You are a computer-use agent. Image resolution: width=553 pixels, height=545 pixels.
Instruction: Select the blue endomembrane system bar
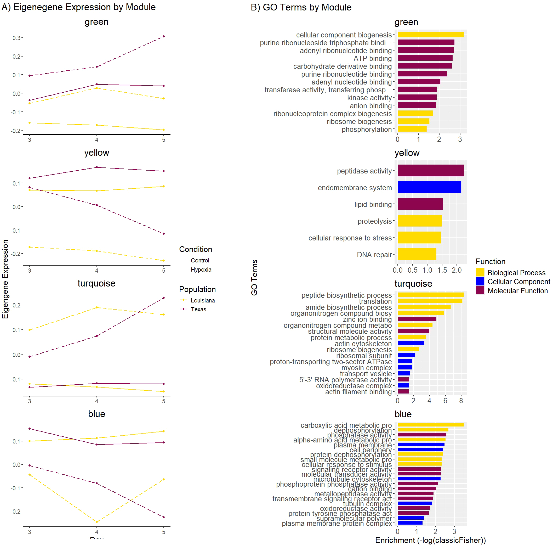[x=429, y=187]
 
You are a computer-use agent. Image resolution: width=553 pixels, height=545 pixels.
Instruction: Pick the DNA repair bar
[x=417, y=254]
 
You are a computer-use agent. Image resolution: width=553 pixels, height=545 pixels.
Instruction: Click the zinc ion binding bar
[x=417, y=319]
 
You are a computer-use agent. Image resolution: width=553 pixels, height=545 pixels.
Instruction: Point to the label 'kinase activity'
[x=369, y=98]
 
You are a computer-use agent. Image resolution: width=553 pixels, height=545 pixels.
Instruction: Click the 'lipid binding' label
[x=373, y=204]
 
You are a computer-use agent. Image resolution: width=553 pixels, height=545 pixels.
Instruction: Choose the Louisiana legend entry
[x=203, y=300]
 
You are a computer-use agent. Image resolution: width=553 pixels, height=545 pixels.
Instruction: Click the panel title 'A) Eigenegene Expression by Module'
[x=79, y=7]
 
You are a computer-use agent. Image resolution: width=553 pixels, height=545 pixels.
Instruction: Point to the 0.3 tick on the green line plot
[x=16, y=38]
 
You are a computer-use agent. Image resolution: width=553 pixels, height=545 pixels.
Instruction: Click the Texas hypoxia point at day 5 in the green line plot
[x=164, y=36]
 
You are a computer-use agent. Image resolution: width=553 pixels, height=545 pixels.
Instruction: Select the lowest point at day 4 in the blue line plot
[x=97, y=522]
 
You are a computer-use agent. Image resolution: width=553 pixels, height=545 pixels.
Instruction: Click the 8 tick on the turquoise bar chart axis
[x=461, y=401]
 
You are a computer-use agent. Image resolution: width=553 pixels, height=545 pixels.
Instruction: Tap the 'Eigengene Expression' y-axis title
[x=5, y=279]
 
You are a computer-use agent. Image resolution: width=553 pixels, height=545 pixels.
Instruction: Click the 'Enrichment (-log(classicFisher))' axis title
[x=430, y=540]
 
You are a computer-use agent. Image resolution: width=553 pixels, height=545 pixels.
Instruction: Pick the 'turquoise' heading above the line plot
[x=96, y=283]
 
